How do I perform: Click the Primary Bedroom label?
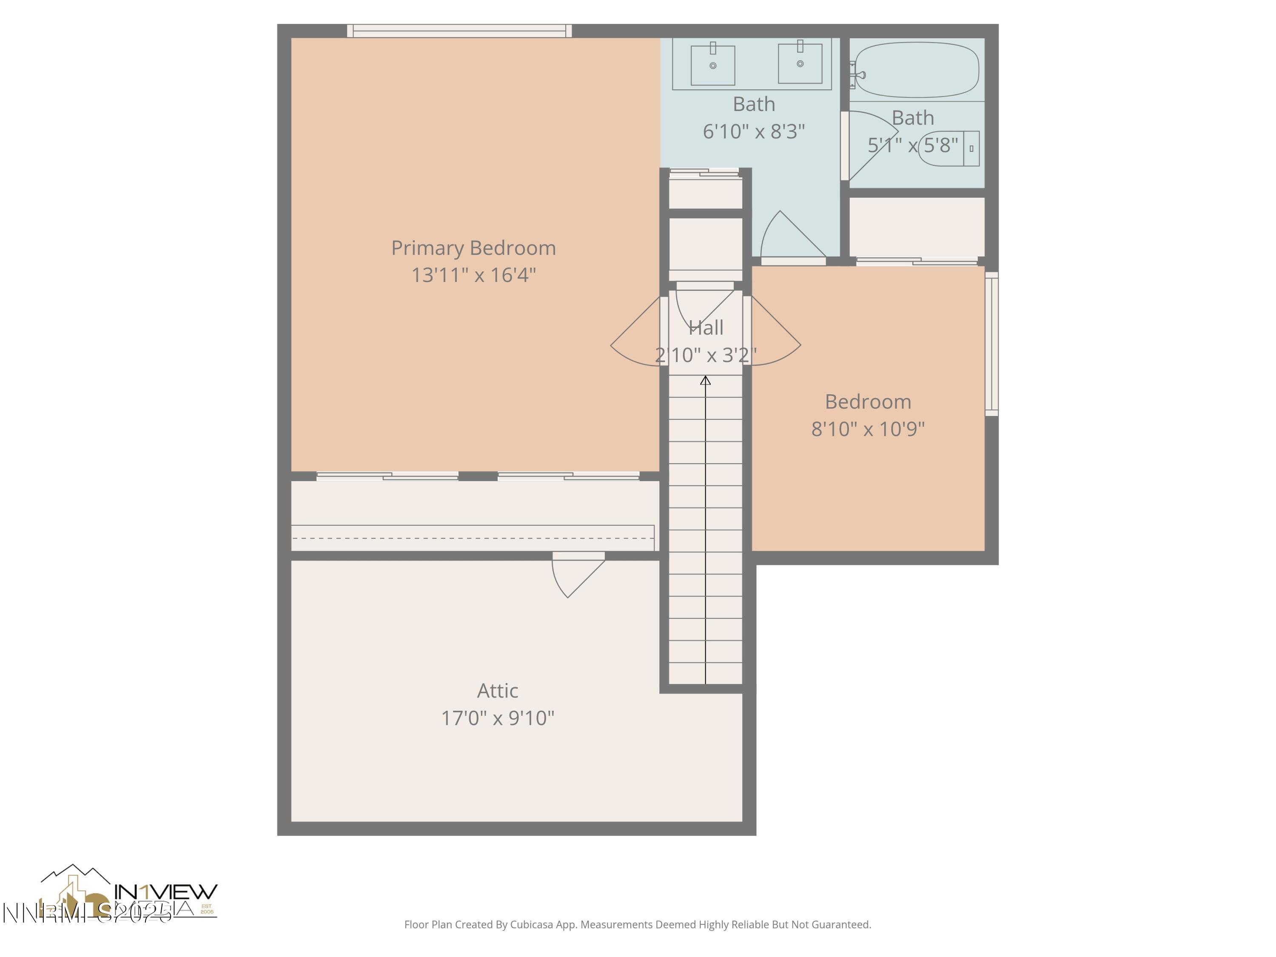(x=473, y=248)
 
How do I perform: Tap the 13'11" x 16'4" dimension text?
(x=473, y=275)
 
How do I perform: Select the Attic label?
(x=497, y=690)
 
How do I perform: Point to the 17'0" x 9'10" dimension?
(x=497, y=718)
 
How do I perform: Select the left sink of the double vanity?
(x=712, y=65)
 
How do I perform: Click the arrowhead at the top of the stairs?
(x=705, y=380)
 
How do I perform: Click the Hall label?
(x=706, y=328)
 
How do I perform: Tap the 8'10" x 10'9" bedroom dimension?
(x=868, y=429)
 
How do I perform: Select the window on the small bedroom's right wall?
(x=991, y=344)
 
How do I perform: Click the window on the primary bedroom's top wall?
(x=459, y=31)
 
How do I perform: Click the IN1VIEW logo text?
(x=166, y=891)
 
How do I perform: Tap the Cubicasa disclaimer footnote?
(x=638, y=925)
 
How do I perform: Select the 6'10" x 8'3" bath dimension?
(x=753, y=131)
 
